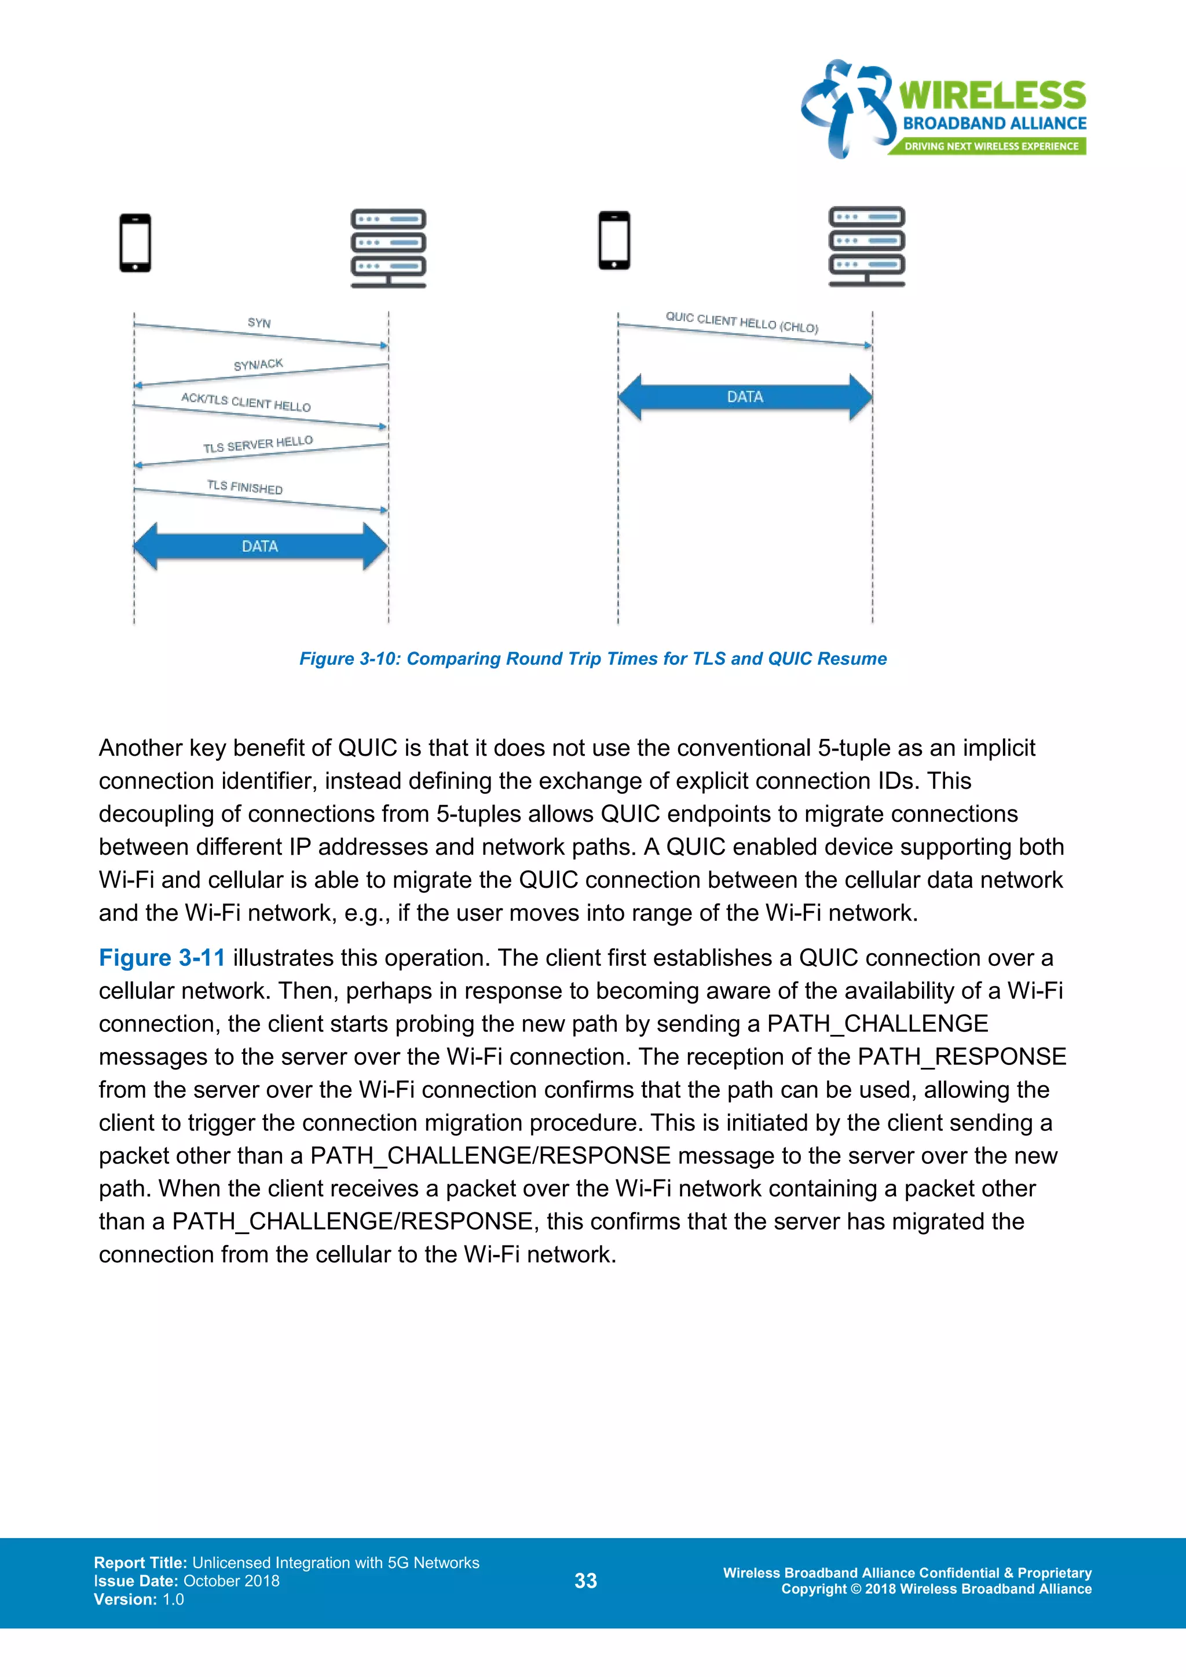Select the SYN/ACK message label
tap(258, 364)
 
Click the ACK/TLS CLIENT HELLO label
tap(246, 402)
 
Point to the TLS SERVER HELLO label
tap(258, 444)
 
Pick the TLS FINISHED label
tap(244, 487)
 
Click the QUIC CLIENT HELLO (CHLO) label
tap(741, 322)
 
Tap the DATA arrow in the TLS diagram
tap(260, 546)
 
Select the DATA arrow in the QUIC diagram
tap(745, 397)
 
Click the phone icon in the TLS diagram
tap(135, 243)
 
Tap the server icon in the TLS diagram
tap(388, 248)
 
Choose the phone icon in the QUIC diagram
tap(614, 240)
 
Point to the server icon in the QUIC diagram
tap(867, 246)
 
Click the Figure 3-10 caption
tap(593, 659)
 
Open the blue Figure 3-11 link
tap(162, 958)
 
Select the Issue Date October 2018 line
tap(186, 1581)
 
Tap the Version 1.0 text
tap(139, 1599)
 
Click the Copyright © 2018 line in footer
tap(936, 1588)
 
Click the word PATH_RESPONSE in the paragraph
tap(962, 1057)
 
